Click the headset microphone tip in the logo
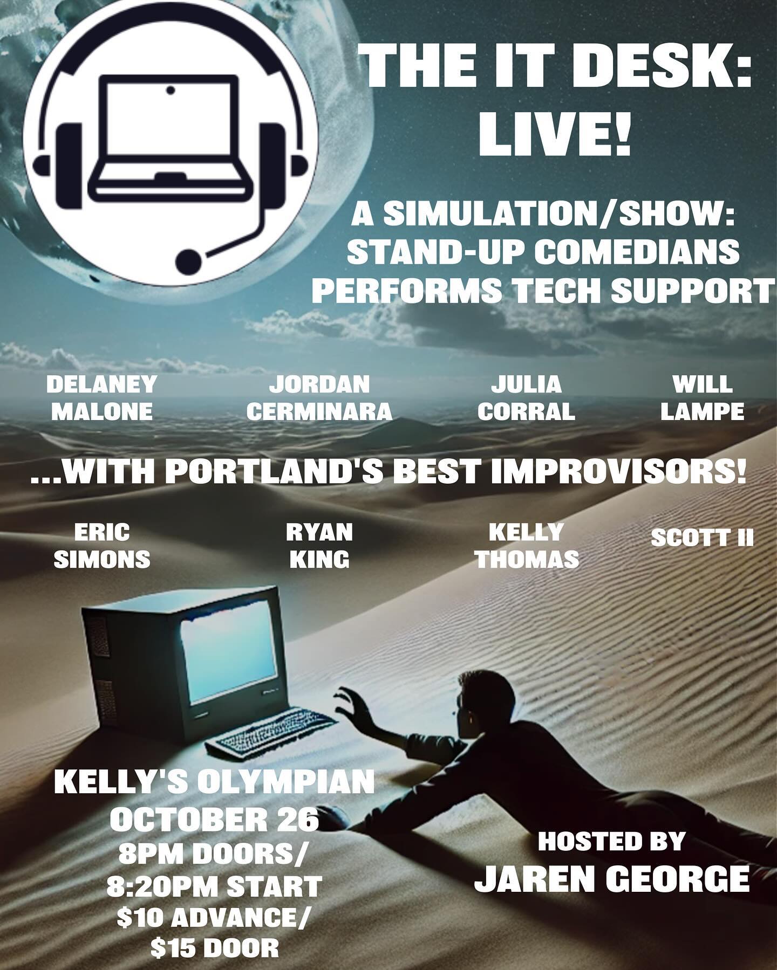point(189,262)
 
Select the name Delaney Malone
point(102,398)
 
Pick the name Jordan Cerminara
point(319,398)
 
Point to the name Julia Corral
point(526,398)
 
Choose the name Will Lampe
point(703,398)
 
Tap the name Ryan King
point(319,547)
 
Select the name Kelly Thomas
point(527,547)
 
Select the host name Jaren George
point(612,879)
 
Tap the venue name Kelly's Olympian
point(214,784)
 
